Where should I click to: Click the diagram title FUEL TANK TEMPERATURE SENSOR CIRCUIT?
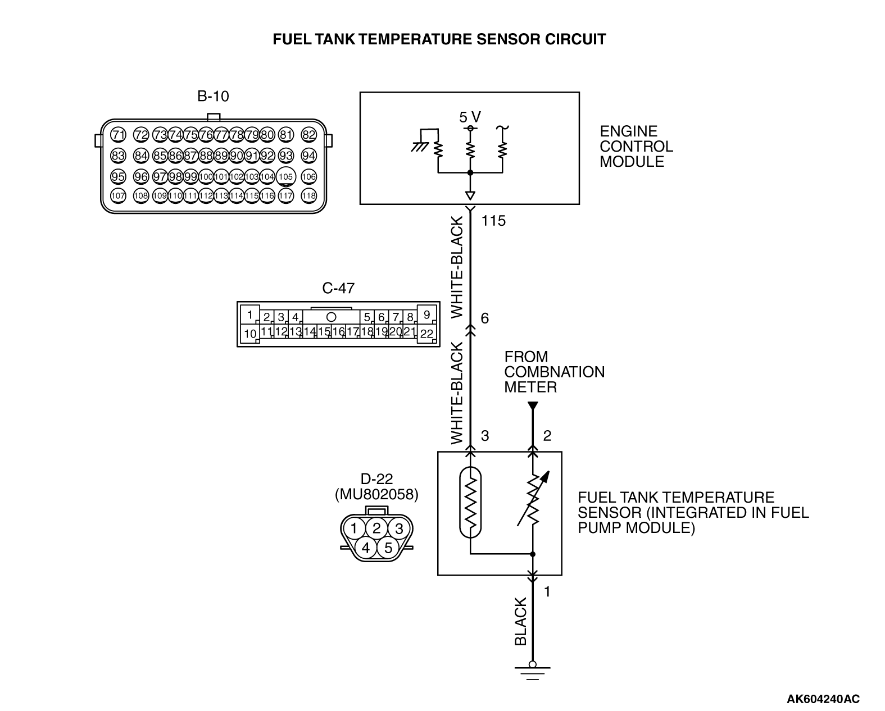[x=439, y=39]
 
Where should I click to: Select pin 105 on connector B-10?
[x=286, y=176]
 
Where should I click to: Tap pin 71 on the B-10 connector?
[x=118, y=135]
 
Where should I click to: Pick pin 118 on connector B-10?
[x=308, y=195]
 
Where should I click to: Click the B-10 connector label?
[x=213, y=97]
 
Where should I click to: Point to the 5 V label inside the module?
[x=470, y=117]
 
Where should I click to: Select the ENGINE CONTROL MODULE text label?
[x=636, y=147]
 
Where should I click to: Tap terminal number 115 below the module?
[x=493, y=221]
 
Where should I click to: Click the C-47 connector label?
[x=338, y=288]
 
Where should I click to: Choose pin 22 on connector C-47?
[x=426, y=333]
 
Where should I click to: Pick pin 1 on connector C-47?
[x=250, y=315]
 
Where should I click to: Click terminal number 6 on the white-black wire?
[x=485, y=319]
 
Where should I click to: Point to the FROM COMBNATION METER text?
[x=553, y=372]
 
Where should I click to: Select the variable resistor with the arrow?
[x=533, y=499]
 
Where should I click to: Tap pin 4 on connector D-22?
[x=366, y=547]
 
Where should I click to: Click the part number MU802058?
[x=376, y=494]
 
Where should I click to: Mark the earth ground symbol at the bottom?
[x=533, y=671]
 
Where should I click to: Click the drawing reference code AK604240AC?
[x=823, y=699]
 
